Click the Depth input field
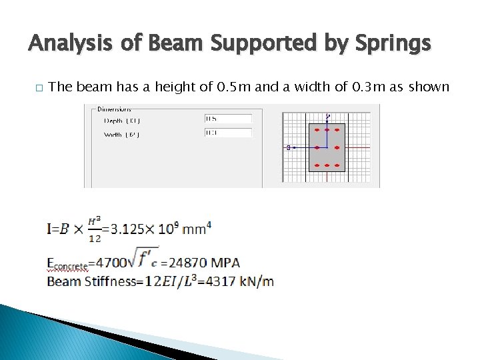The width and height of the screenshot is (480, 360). click(x=228, y=119)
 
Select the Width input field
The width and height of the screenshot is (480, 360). click(x=228, y=133)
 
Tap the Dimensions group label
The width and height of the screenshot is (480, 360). click(x=114, y=108)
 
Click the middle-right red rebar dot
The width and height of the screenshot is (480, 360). click(x=337, y=147)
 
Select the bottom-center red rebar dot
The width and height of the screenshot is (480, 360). click(x=327, y=165)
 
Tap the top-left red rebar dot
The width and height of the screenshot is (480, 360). click(x=317, y=130)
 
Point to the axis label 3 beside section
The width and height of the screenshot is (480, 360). click(x=288, y=147)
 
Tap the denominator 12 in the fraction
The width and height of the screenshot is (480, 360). click(x=95, y=238)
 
